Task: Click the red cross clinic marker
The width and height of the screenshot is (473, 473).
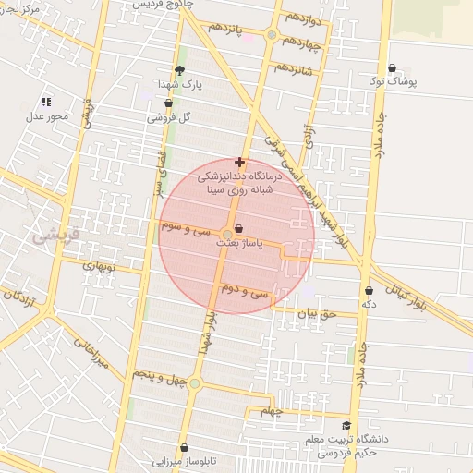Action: [x=240, y=162]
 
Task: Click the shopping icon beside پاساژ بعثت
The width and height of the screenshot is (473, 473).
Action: [x=240, y=228]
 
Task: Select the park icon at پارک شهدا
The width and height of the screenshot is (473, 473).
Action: [x=179, y=69]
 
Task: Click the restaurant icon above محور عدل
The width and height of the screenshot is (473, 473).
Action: [x=47, y=102]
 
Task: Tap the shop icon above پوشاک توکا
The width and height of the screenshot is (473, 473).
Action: [x=394, y=67]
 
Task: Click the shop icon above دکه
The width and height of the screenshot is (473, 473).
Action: [x=370, y=290]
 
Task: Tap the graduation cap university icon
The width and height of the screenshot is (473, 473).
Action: [x=346, y=426]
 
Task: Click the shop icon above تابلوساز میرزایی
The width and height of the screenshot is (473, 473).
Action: [x=184, y=447]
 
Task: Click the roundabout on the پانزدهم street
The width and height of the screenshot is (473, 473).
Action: [x=271, y=35]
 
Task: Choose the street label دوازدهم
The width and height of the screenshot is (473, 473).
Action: [x=302, y=18]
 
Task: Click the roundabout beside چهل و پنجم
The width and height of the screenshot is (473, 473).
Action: [x=194, y=382]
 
